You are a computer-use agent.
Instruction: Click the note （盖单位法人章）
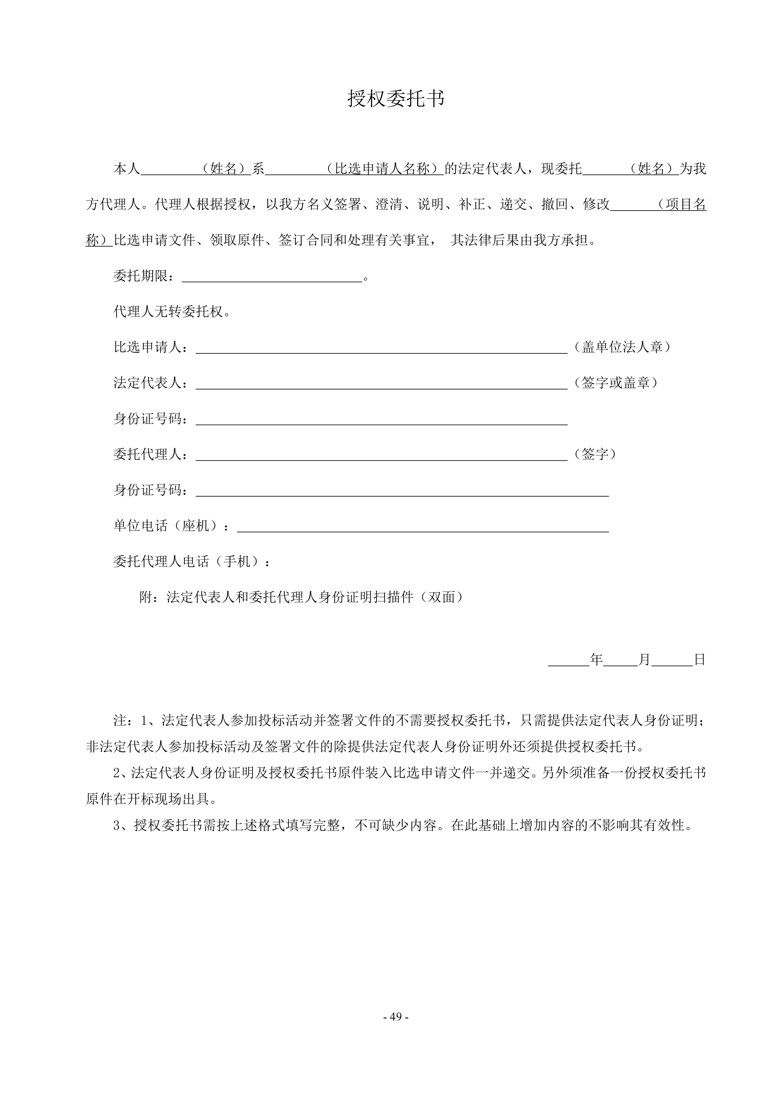tap(622, 347)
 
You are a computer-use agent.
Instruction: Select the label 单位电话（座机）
tap(171, 525)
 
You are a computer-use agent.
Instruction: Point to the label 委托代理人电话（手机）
tap(191, 561)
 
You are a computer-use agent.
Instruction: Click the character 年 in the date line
tap(596, 660)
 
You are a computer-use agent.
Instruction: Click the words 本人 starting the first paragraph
tap(126, 169)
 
